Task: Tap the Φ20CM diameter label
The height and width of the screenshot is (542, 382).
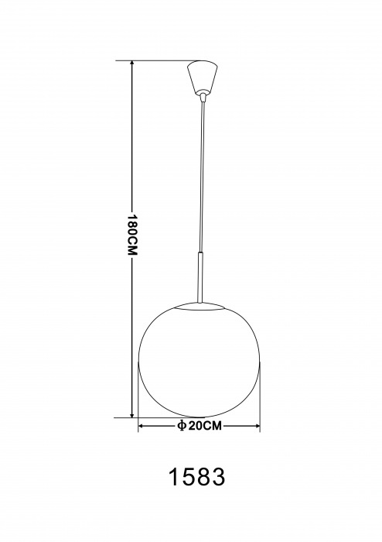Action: pyautogui.click(x=199, y=426)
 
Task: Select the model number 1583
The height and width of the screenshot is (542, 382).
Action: pyautogui.click(x=196, y=477)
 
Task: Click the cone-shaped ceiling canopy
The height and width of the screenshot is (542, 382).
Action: pyautogui.click(x=203, y=77)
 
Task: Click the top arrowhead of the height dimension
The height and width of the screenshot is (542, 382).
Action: pyautogui.click(x=131, y=64)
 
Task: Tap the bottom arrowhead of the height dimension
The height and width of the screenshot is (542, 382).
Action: pyautogui.click(x=131, y=414)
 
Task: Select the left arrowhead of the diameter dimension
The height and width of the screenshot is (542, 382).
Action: pyautogui.click(x=142, y=426)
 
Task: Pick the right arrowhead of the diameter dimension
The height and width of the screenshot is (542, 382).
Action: pyautogui.click(x=257, y=426)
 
